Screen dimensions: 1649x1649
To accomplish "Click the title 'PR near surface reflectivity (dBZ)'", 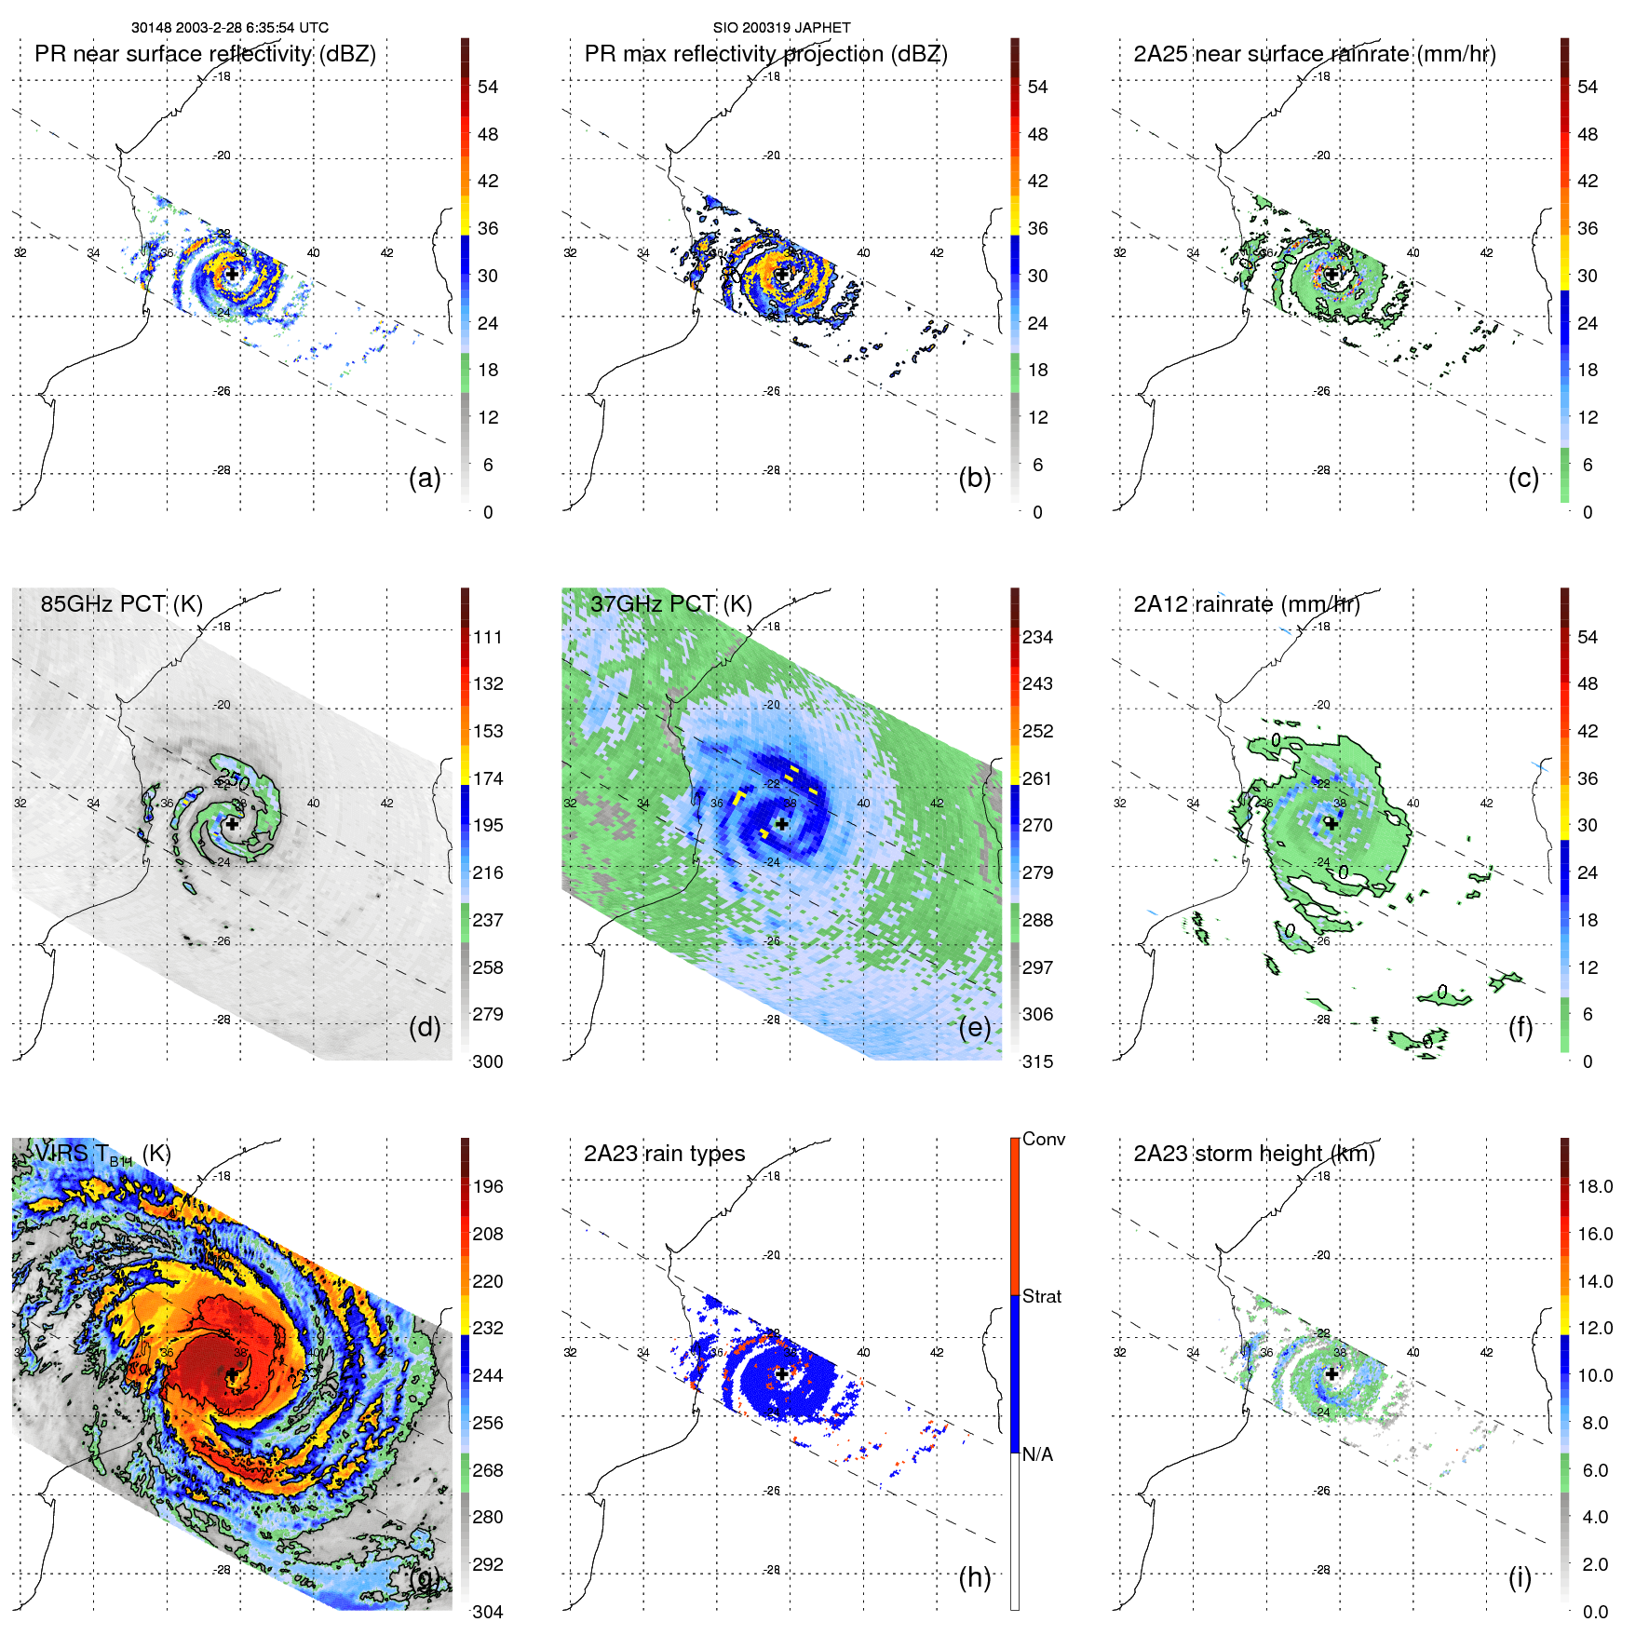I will (x=205, y=54).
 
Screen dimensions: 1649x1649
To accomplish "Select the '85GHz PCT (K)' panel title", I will (x=121, y=603).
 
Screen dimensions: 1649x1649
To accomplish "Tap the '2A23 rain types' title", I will (x=664, y=1154).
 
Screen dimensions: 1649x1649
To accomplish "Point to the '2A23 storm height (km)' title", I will (x=1253, y=1154).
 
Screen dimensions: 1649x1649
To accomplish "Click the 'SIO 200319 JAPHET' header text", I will (x=781, y=28).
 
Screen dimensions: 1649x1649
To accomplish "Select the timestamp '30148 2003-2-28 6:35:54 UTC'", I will (x=230, y=28).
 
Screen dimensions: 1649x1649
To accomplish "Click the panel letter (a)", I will (x=425, y=479).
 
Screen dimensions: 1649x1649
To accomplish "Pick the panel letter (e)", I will (x=974, y=1028).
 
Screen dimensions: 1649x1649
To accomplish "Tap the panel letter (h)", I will (x=974, y=1577).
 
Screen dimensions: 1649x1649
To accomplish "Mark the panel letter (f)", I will (x=1520, y=1028).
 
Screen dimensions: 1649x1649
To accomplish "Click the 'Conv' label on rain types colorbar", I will (x=1043, y=1139).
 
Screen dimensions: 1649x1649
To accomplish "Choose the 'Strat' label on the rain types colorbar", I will (x=1041, y=1296).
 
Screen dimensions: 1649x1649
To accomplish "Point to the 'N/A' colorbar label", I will (x=1038, y=1454).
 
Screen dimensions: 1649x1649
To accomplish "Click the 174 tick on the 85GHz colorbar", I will (x=488, y=778).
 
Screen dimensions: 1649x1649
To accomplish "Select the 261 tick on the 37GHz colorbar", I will (x=1037, y=778).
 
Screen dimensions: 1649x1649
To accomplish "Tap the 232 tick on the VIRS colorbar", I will (x=488, y=1328).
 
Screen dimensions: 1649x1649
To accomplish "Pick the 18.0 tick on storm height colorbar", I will (x=1594, y=1186).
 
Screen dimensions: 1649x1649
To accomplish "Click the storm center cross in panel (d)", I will (x=232, y=823).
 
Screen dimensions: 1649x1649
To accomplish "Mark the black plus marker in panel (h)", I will (x=781, y=1373).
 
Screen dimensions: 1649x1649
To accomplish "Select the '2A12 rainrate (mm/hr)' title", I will (x=1246, y=604).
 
